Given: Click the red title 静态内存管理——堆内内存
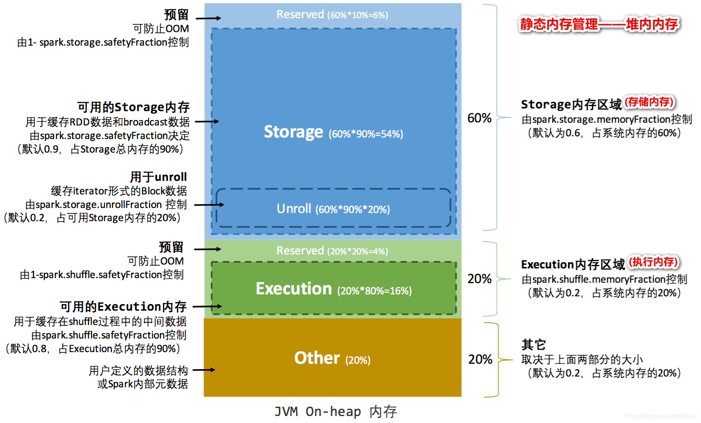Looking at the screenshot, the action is point(598,24).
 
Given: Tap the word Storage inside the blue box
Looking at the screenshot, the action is point(293,132).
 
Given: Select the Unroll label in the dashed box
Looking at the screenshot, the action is point(294,209).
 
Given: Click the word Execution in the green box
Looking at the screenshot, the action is point(294,289).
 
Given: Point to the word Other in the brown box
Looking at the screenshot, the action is point(317,358).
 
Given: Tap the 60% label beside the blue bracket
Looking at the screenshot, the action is point(479,118).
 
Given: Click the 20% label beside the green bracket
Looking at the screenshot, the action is point(479,279).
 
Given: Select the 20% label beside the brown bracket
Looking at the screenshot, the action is point(480,359).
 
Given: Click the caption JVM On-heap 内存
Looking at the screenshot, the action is point(335,411).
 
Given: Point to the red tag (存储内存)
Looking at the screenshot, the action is point(649,102).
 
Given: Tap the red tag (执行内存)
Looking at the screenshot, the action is point(653,262).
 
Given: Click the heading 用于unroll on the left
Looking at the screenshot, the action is point(158,177).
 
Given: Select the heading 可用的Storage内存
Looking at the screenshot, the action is point(133,107).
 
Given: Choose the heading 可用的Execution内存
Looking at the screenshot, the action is point(123,307).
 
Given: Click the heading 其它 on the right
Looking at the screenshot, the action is point(533,344).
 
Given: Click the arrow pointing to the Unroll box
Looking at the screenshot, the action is point(209,205).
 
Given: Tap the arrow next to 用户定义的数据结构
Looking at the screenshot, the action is point(204,370).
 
